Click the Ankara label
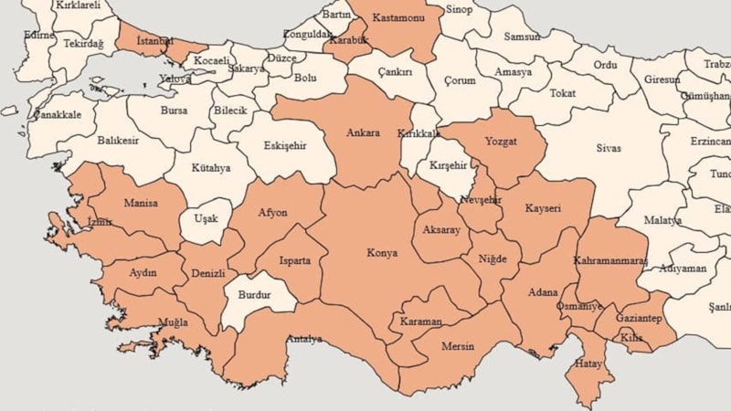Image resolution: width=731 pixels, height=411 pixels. tap(363, 133)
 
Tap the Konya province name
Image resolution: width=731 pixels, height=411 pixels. tap(382, 253)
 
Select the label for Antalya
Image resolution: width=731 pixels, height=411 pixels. tap(304, 340)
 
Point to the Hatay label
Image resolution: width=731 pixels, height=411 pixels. tap(588, 364)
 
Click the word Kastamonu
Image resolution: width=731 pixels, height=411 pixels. tap(400, 18)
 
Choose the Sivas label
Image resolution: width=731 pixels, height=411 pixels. tap(609, 148)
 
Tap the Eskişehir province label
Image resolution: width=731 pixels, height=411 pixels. tap(285, 145)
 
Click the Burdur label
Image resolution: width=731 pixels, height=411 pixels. tap(254, 295)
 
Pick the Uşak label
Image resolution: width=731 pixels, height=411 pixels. tap(207, 219)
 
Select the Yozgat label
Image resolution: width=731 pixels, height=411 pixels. tap(501, 142)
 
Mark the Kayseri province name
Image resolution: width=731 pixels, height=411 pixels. tap(543, 208)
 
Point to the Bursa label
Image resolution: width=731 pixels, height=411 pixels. tap(174, 111)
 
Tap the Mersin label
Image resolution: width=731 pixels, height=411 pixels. tap(458, 347)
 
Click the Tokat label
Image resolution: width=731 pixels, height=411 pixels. tap(563, 93)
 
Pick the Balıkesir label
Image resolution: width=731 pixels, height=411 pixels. tap(117, 142)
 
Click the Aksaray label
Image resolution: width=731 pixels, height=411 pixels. tap(442, 230)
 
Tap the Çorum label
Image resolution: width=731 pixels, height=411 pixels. tap(460, 80)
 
